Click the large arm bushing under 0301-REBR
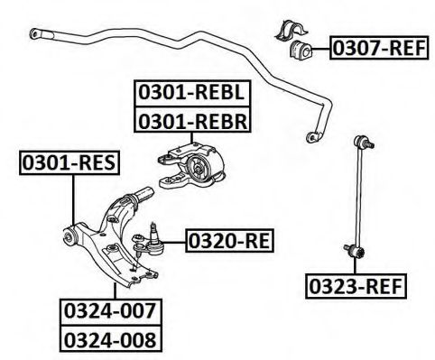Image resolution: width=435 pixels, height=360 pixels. pyautogui.click(x=200, y=168)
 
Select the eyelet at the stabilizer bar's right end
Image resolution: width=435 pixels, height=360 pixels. pyautogui.click(x=313, y=137)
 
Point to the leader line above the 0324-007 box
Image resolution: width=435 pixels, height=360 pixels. pyautogui.click(x=116, y=287)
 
